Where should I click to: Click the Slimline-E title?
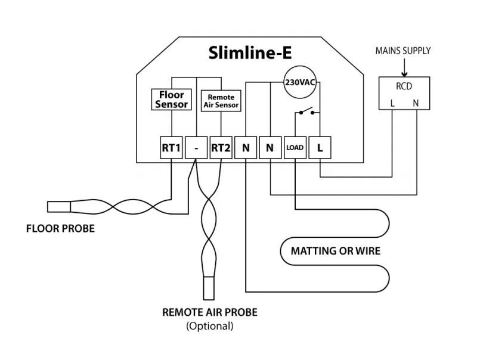click(250, 53)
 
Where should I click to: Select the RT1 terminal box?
click(171, 147)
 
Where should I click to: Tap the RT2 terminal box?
click(221, 147)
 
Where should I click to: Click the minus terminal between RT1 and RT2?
click(196, 147)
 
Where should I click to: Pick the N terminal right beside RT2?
click(246, 147)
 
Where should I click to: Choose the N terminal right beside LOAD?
click(270, 147)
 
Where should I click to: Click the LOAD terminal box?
click(295, 147)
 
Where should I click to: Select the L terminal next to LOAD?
click(320, 147)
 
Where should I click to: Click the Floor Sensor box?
click(171, 100)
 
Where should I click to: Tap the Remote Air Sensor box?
click(221, 100)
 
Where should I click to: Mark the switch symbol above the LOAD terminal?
click(306, 111)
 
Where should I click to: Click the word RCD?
click(404, 86)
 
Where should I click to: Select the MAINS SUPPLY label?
click(402, 51)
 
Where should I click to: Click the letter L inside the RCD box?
click(392, 103)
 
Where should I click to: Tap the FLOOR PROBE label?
click(60, 228)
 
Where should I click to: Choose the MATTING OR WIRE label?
click(335, 250)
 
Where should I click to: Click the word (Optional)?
click(209, 326)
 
